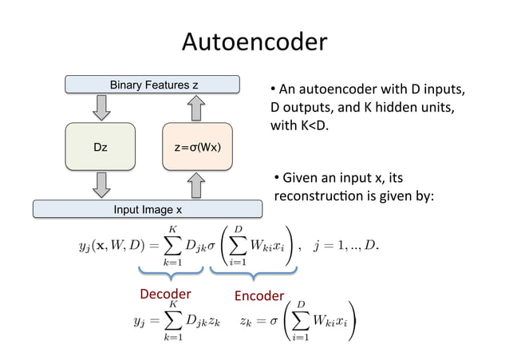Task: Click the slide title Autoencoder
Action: (254, 41)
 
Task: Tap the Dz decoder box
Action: (101, 147)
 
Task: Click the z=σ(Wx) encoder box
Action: (198, 147)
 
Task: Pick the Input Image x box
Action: (146, 209)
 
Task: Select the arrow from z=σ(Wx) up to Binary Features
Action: (198, 107)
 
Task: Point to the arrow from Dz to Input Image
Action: (101, 185)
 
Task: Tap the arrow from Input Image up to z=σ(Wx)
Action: (198, 185)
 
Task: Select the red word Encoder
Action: (258, 296)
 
